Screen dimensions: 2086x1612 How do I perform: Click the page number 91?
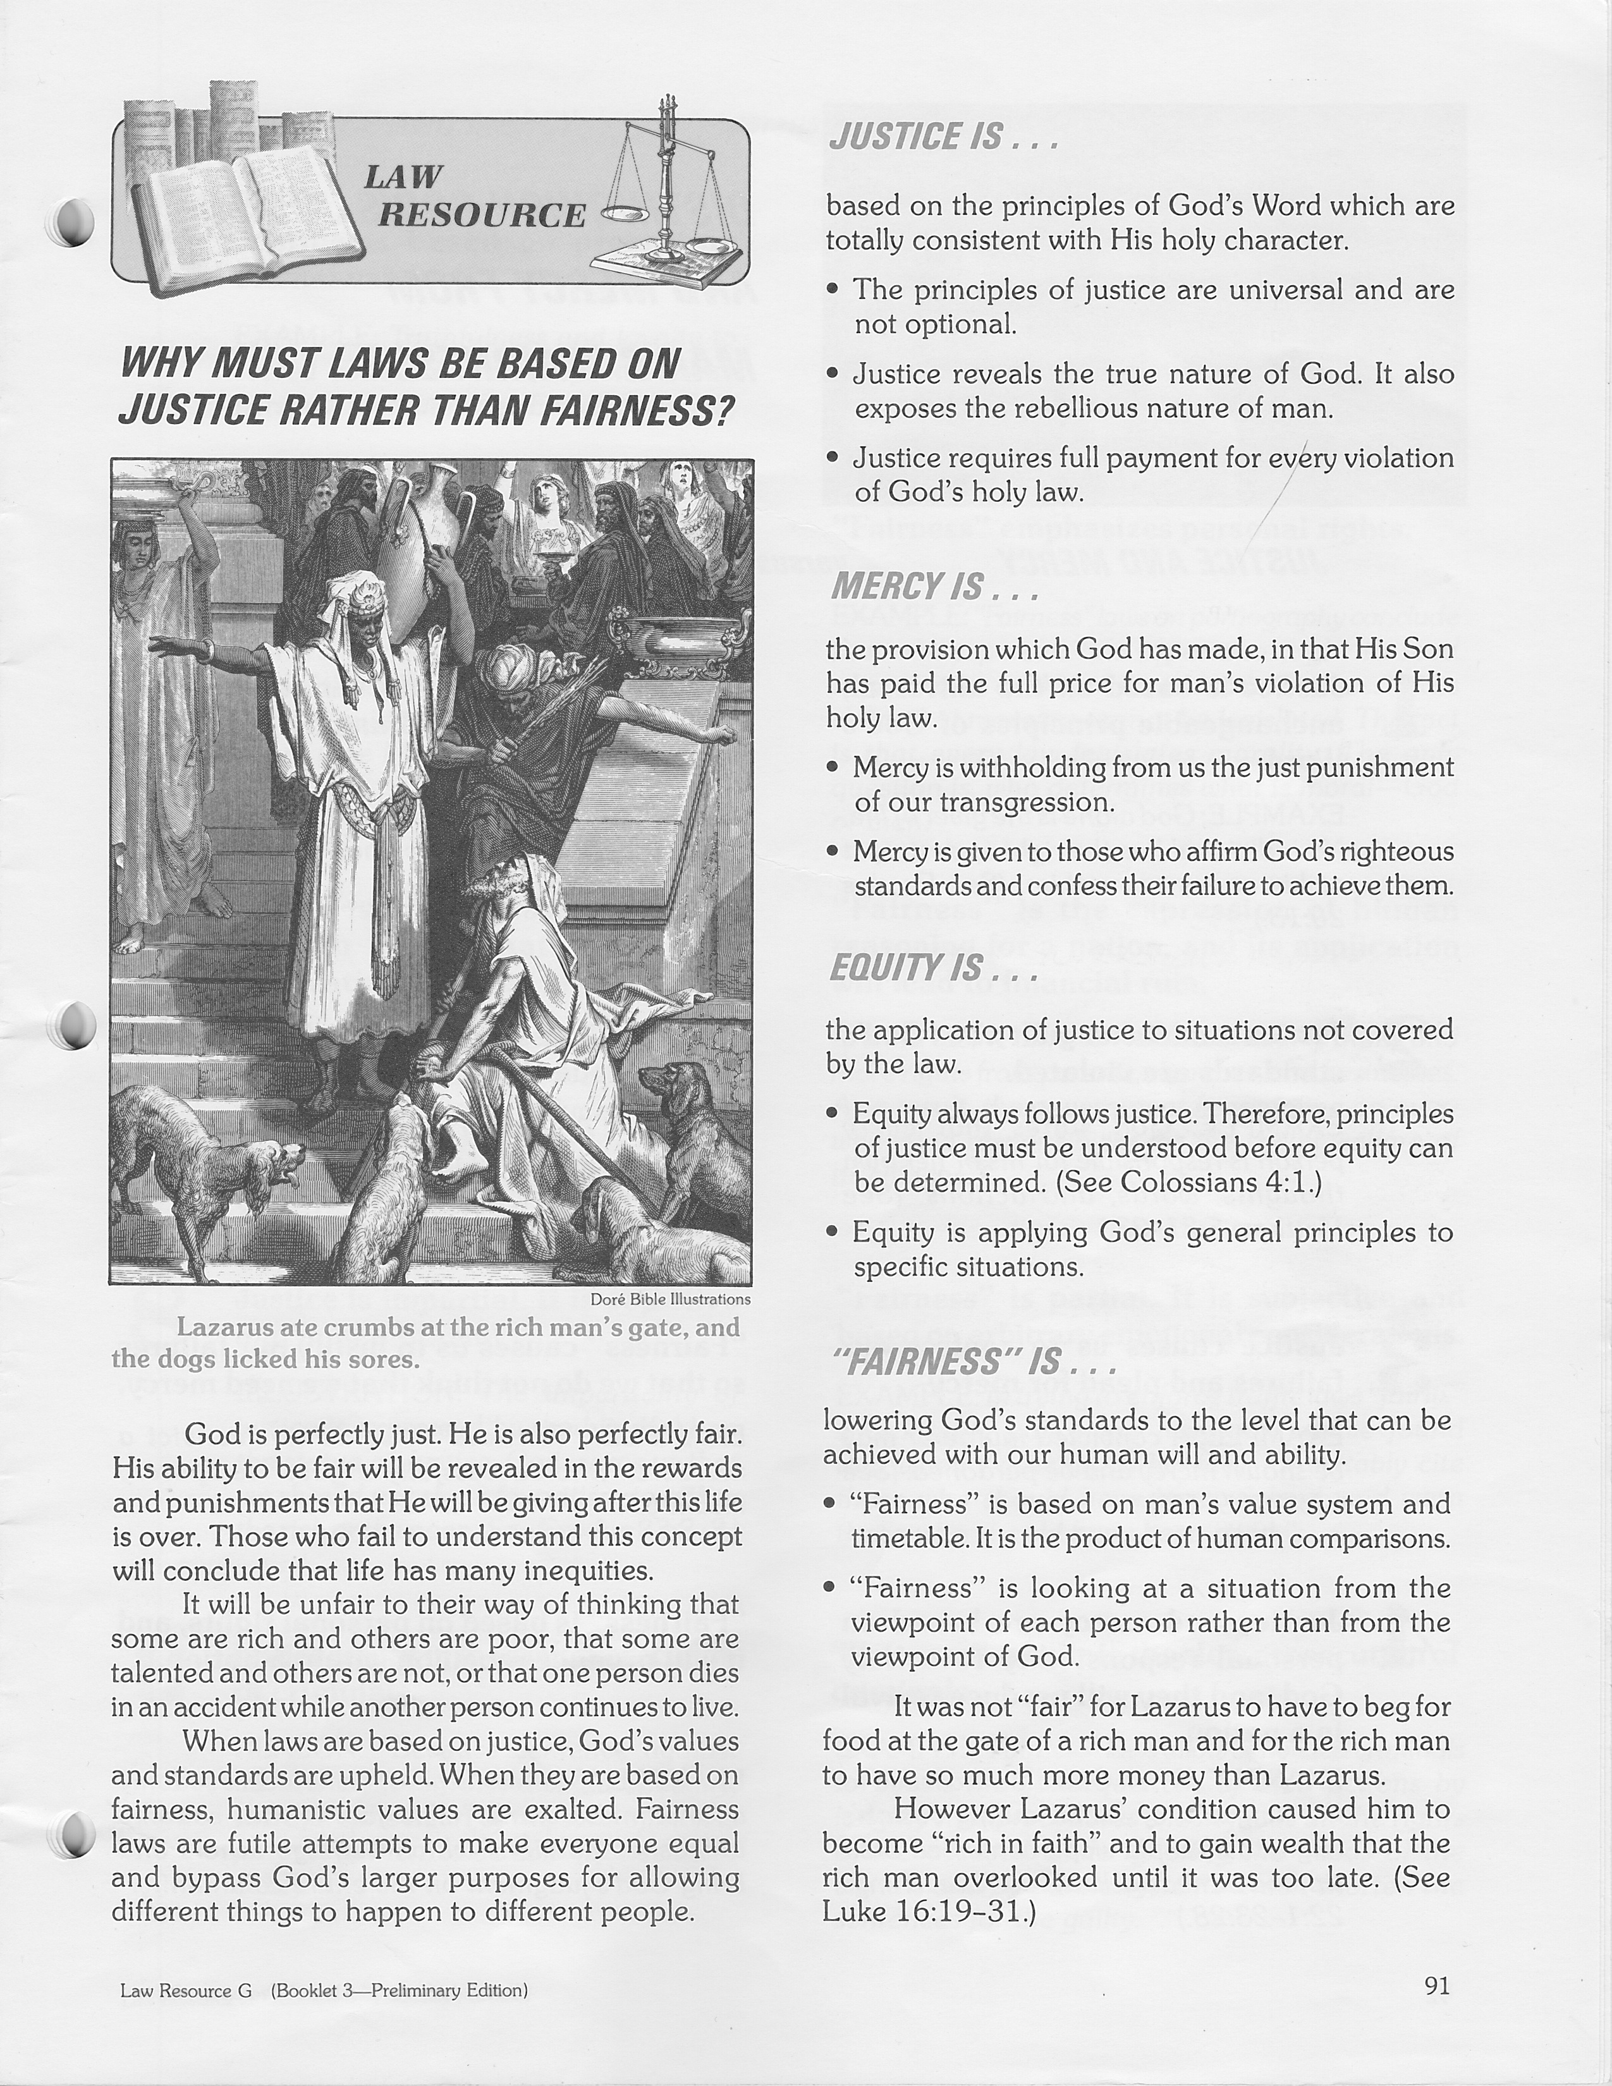click(1436, 1985)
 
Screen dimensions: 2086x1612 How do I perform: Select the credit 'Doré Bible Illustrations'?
click(670, 1299)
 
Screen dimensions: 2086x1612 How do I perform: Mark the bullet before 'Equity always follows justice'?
click(834, 1114)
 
